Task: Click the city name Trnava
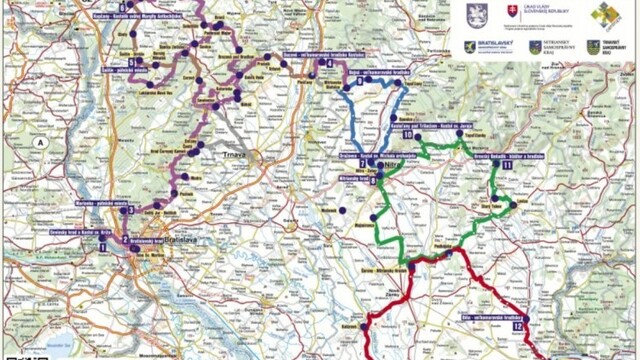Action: pos(245,156)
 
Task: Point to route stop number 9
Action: pos(373,181)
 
